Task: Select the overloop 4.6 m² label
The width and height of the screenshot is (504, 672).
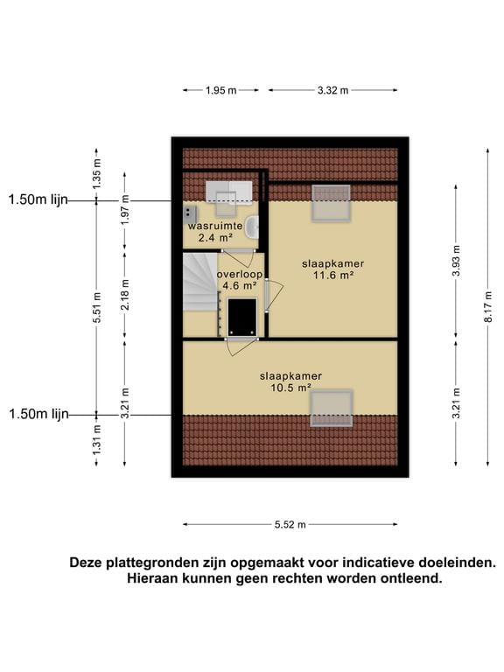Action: pos(238,279)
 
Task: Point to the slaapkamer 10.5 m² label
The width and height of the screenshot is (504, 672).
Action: pos(290,381)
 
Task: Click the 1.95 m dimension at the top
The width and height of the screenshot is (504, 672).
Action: pos(221,90)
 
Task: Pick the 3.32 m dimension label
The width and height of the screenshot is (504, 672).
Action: pos(332,90)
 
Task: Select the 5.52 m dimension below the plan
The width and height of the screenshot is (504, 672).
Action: pos(290,524)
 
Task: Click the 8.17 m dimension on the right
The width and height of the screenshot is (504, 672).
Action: pos(488,307)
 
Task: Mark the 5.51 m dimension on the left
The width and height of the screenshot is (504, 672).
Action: pos(97,307)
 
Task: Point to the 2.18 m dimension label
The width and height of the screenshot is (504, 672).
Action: pos(125,294)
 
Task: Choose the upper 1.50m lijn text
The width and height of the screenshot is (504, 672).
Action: pos(38,199)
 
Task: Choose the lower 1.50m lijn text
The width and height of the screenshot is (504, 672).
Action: pos(38,414)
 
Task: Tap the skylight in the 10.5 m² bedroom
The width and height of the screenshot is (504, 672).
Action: pos(332,408)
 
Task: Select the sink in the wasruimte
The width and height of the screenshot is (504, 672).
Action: pos(252,227)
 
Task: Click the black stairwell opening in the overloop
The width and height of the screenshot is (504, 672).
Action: pos(241,316)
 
